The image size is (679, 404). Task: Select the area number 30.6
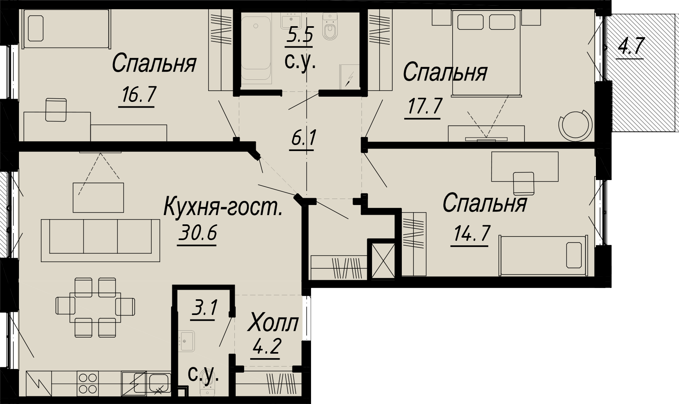(198, 233)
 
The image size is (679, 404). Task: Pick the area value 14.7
(471, 233)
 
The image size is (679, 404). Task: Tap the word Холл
(273, 323)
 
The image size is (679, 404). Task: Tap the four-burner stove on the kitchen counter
(88, 383)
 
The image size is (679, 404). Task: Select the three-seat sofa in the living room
(100, 240)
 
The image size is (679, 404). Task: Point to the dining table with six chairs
(95, 307)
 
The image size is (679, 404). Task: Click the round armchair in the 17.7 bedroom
(575, 125)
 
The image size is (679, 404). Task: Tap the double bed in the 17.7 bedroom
(487, 53)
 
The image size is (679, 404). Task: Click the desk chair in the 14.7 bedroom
(524, 183)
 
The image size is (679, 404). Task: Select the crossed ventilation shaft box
(383, 261)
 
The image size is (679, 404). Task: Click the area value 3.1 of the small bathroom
(204, 308)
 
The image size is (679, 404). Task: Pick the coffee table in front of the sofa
(98, 197)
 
